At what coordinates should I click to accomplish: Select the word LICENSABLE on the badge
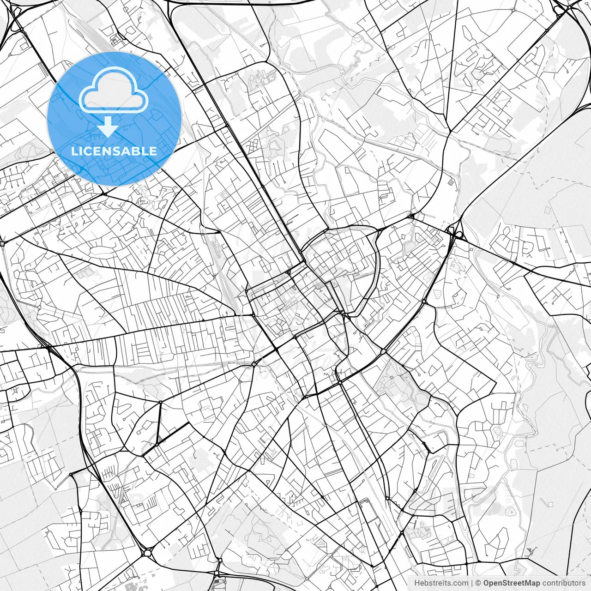click(114, 151)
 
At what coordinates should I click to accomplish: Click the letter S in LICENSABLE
click(115, 151)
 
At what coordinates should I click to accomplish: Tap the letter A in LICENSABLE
click(124, 151)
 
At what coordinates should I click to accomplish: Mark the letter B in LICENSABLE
click(133, 151)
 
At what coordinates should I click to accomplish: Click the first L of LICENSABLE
click(75, 151)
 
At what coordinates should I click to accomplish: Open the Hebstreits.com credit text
click(441, 583)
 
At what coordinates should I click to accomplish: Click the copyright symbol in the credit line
click(479, 583)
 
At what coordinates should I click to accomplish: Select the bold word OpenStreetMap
click(512, 583)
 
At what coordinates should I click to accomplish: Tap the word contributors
click(563, 583)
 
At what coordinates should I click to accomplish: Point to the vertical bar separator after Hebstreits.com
click(472, 583)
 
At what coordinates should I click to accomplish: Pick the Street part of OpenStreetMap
click(513, 583)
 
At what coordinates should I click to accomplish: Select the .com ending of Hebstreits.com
click(459, 583)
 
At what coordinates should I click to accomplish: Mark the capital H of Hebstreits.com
click(417, 583)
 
